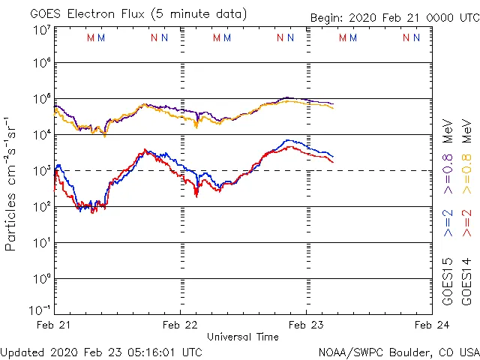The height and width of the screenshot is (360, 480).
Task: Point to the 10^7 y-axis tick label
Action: pos(41,29)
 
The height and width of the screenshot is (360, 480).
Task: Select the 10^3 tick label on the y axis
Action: pos(41,170)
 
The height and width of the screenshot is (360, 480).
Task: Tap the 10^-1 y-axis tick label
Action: pos(40,310)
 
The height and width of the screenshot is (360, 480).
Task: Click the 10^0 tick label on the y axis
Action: pos(41,278)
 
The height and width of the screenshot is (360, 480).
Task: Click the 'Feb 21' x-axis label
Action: pos(55,325)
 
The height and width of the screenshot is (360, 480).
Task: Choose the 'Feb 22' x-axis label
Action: pos(181,325)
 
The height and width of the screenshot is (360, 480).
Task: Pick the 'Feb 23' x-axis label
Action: pos(306,325)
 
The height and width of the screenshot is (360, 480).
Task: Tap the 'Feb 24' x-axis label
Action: pos(431,325)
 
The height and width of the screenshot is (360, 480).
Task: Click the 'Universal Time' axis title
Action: pos(243,337)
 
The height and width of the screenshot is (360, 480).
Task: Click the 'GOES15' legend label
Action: pos(448,280)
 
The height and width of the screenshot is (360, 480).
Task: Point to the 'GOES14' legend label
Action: pos(466,280)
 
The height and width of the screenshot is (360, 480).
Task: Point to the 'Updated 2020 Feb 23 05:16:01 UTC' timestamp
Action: pos(101,351)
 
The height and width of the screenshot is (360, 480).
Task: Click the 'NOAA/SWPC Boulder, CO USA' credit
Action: pos(398,351)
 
